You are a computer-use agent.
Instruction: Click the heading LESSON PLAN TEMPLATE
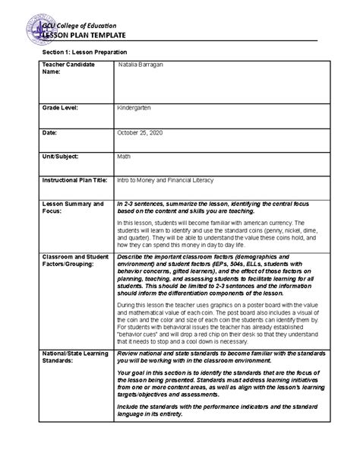coord(90,36)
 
